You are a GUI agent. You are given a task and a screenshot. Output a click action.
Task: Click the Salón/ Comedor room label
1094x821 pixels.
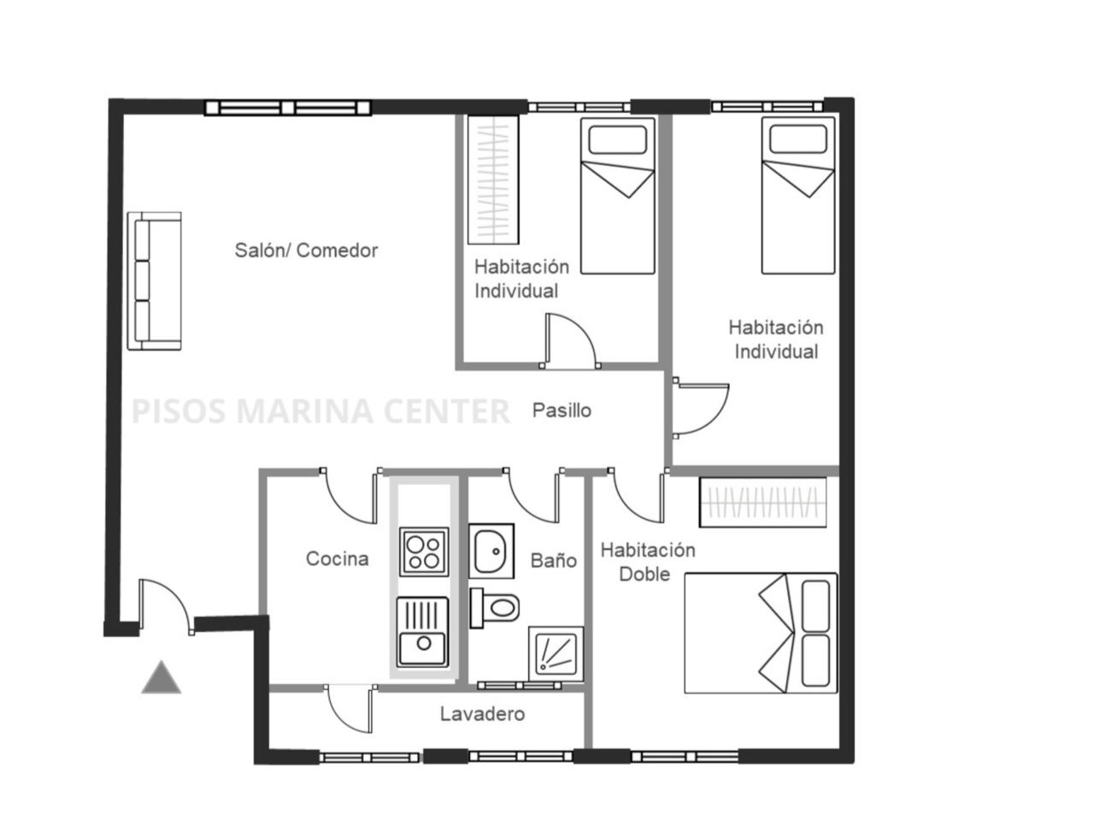coord(305,251)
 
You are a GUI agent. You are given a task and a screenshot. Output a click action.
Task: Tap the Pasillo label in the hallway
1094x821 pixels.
coord(562,410)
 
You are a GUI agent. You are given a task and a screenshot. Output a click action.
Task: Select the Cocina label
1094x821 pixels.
coord(337,558)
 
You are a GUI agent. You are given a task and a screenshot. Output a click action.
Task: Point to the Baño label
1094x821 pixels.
coord(553,560)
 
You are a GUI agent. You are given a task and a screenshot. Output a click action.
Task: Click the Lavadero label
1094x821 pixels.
coord(482,714)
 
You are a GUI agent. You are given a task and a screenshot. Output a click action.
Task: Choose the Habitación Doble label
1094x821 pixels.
coord(647,562)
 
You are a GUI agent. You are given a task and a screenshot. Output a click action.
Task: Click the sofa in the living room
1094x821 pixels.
coord(154,281)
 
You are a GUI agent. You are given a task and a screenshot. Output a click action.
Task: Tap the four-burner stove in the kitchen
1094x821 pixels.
coord(423,552)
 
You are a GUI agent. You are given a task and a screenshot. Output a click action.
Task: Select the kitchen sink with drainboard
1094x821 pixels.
coord(422,632)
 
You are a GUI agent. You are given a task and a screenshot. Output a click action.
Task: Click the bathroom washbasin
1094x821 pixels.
coord(491,551)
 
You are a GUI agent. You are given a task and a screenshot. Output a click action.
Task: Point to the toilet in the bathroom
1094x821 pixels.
coord(494,608)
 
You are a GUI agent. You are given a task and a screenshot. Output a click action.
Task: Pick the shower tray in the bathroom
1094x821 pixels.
coord(556,653)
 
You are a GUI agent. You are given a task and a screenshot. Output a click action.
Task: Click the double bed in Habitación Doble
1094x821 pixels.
coord(760,633)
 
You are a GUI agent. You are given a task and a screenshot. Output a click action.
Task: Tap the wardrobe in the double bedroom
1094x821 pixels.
coord(762,502)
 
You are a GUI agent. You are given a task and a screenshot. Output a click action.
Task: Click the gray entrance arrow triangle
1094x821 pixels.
coord(161,677)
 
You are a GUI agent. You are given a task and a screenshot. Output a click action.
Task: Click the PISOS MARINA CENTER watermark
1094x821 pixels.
coord(320,410)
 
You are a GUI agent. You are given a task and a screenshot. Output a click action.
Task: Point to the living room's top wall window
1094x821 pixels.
coord(287,108)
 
